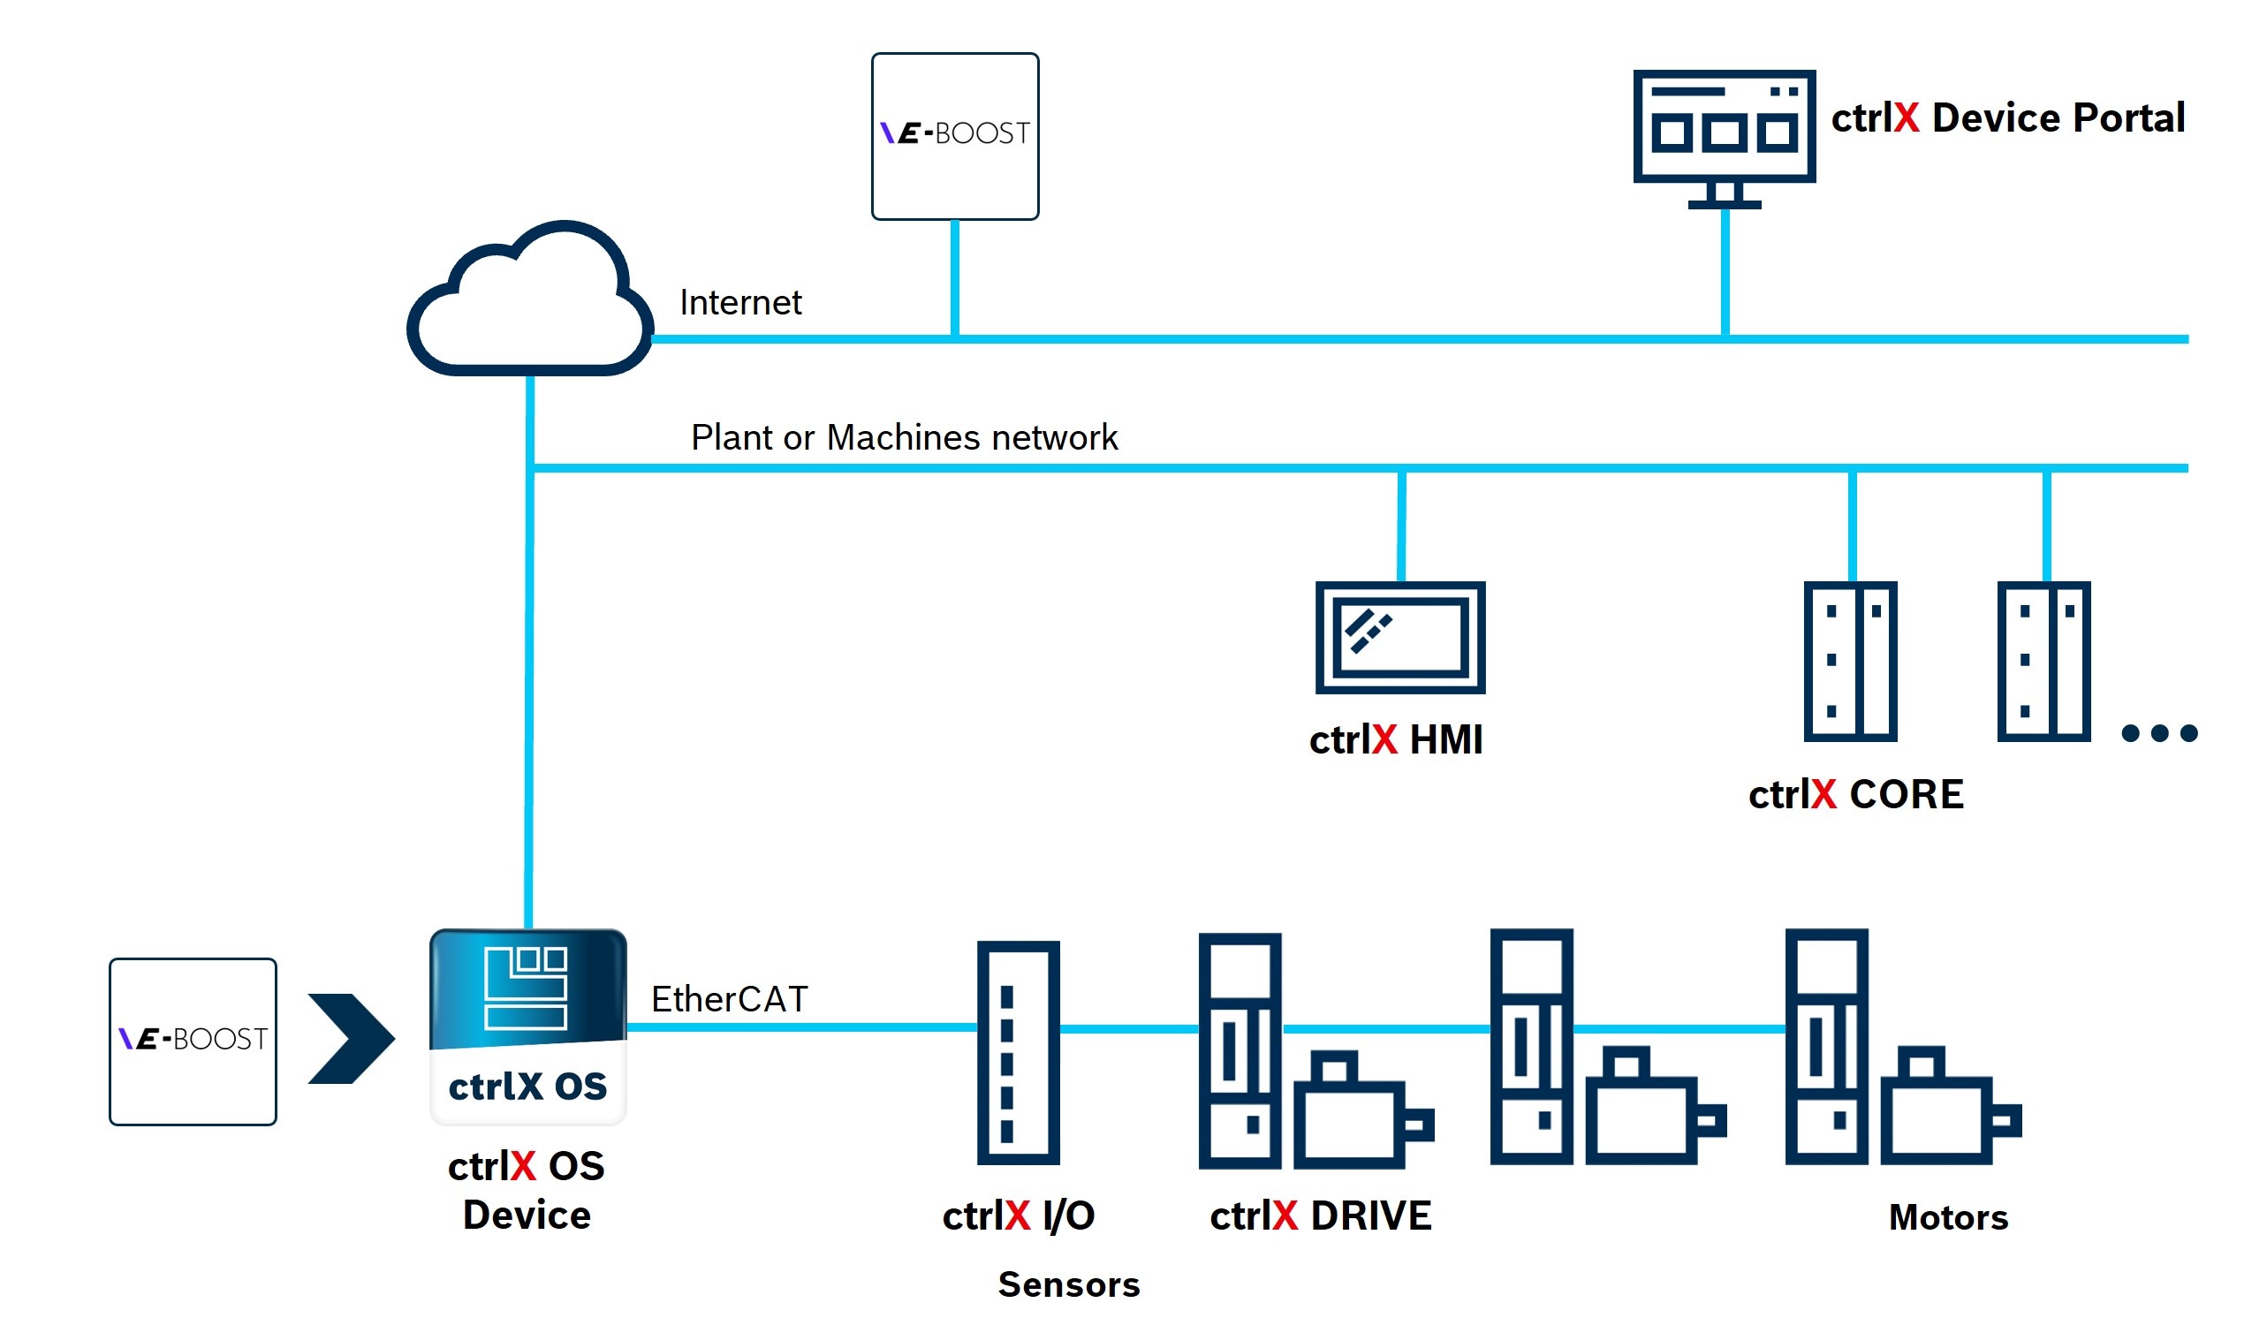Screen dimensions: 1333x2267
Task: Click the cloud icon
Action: point(531,306)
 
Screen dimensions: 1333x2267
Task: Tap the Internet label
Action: point(739,303)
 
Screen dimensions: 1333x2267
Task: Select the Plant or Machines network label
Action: point(903,438)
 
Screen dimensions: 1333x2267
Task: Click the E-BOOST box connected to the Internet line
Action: point(954,136)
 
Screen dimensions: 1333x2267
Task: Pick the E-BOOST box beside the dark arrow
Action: point(193,1041)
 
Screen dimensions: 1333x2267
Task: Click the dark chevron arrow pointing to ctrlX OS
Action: point(350,1039)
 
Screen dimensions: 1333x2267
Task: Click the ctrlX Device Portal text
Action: point(2007,117)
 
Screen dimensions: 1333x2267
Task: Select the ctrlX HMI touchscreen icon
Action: point(1399,638)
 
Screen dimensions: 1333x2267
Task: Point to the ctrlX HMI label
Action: point(1395,740)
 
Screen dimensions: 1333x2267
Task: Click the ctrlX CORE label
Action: point(1855,795)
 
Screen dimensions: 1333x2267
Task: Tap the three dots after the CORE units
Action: point(2159,733)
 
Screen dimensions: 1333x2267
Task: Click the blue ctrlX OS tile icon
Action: point(528,1026)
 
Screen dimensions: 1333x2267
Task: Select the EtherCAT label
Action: point(729,999)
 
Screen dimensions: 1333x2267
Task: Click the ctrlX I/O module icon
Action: point(1019,1053)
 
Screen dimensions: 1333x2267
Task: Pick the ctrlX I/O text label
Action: point(1018,1216)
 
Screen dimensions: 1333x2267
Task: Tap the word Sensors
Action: point(1069,1284)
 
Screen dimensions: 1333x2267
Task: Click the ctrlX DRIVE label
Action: point(1320,1216)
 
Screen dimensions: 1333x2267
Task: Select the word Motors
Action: point(1948,1218)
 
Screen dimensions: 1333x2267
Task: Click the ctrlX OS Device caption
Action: point(527,1191)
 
